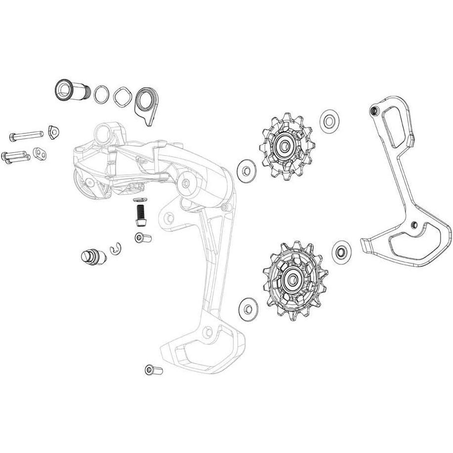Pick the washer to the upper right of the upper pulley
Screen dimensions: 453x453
(x=329, y=120)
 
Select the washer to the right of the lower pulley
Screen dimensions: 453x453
(x=341, y=251)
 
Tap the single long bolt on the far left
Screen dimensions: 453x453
(x=25, y=134)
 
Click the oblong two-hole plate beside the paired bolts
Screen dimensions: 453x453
(x=40, y=155)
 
